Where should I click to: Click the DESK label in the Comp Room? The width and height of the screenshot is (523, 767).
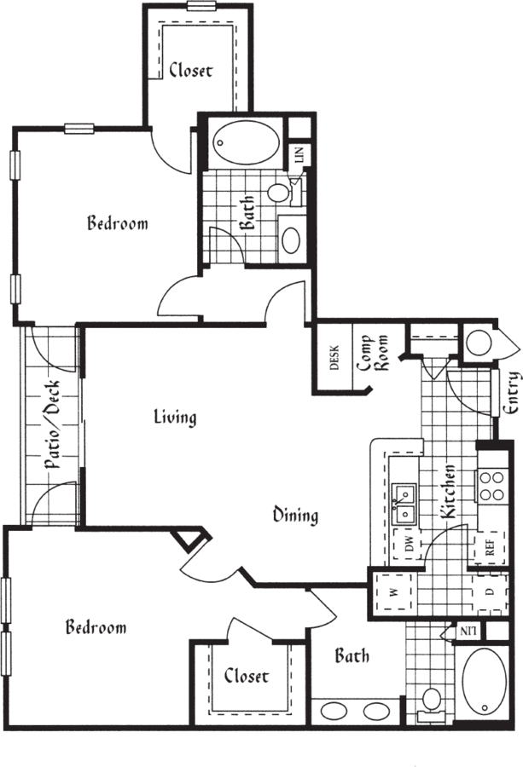coord(335,358)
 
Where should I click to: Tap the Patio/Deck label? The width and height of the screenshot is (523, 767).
coord(53,424)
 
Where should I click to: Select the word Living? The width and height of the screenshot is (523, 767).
coord(175,418)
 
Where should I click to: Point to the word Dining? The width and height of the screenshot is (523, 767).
coord(295,516)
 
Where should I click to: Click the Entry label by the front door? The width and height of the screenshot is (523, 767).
coord(510,393)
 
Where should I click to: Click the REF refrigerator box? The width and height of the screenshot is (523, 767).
coord(491,547)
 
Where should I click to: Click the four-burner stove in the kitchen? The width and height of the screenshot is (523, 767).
coord(491,485)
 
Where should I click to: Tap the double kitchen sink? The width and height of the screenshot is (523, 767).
coord(404,505)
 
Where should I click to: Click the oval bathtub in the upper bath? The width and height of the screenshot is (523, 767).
coord(247,142)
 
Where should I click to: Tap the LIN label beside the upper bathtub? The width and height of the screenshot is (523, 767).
coord(299,154)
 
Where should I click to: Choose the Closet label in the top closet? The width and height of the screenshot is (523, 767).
coord(191,71)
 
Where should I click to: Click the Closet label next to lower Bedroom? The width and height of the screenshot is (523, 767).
coord(247,676)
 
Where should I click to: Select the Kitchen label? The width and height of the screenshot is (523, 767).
coord(449,492)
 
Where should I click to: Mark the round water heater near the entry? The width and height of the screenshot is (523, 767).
coord(479,343)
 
